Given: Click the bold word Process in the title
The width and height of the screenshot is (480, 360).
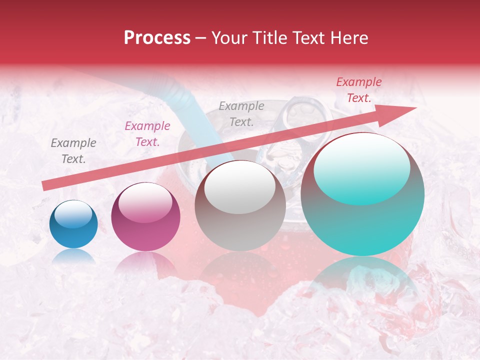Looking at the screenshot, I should coord(157,38).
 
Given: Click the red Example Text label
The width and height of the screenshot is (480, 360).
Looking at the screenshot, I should coord(358,90).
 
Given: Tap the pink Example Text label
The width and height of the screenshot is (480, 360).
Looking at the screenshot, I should coord(147,134).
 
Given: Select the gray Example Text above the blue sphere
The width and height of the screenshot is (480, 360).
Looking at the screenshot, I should coord(73,151).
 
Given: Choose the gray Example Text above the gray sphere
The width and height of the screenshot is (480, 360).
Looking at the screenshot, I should coord(241,113).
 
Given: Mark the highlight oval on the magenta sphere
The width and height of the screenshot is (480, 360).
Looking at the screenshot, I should coord(145,202).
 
